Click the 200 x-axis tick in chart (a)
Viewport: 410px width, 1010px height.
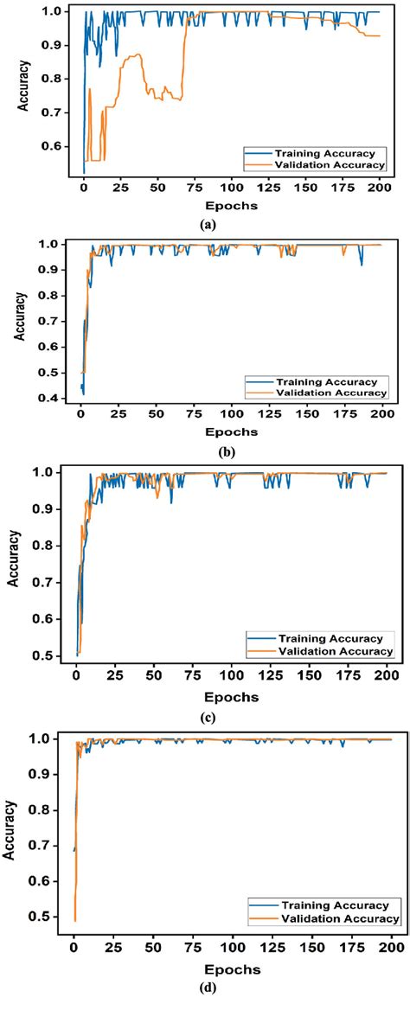pyautogui.click(x=379, y=188)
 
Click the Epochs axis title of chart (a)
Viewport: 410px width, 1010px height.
pyautogui.click(x=230, y=205)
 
